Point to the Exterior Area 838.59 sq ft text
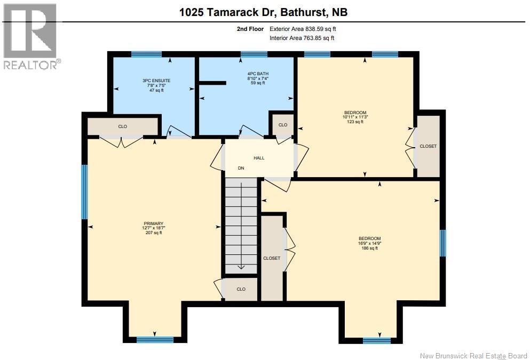pyautogui.click(x=303, y=29)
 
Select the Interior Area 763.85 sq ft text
pyautogui.click(x=302, y=38)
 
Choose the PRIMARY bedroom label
pyautogui.click(x=153, y=228)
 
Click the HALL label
pyautogui.click(x=259, y=158)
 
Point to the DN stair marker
pyautogui.click(x=241, y=168)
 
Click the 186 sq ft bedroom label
pyautogui.click(x=369, y=243)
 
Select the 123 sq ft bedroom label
pyautogui.click(x=355, y=117)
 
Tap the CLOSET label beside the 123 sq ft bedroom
pyautogui.click(x=428, y=146)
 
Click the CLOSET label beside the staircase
pyautogui.click(x=272, y=258)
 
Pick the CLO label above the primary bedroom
pyautogui.click(x=122, y=127)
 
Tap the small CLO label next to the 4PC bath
pyautogui.click(x=282, y=125)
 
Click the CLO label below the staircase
pyautogui.click(x=241, y=289)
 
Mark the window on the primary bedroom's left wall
pyautogui.click(x=84, y=192)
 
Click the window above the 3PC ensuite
pyautogui.click(x=146, y=54)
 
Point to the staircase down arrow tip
pyautogui.click(x=241, y=269)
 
